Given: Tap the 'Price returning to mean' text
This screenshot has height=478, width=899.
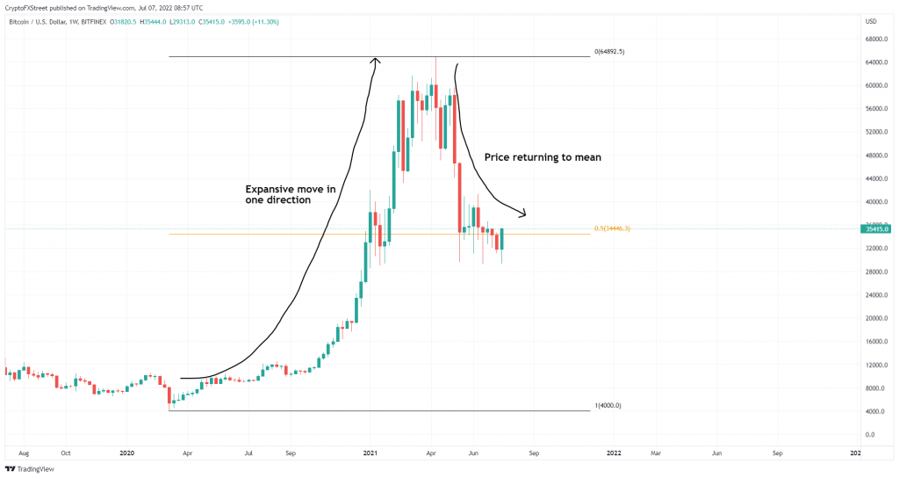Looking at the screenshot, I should click(543, 157).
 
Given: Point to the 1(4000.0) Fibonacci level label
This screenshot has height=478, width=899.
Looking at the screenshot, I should click(608, 405).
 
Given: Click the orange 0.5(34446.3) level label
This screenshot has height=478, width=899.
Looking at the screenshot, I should click(613, 228).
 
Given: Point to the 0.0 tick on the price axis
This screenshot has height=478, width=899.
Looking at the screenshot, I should click(870, 434).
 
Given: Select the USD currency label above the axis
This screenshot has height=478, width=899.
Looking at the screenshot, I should click(871, 21).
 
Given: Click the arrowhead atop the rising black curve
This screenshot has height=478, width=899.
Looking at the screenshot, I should click(376, 61).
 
